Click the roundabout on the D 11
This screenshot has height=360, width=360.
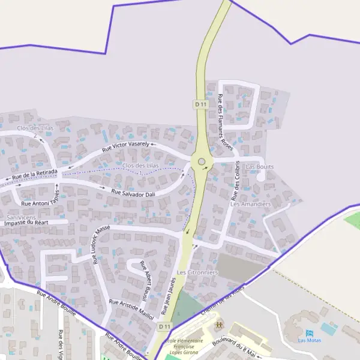(x=202, y=161)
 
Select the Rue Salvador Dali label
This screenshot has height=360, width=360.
(x=133, y=193)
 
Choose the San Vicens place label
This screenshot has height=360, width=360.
(x=20, y=217)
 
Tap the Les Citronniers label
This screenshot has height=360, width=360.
(x=197, y=272)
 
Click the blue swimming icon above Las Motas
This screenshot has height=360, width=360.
(x=310, y=333)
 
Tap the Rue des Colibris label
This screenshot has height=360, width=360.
(x=236, y=180)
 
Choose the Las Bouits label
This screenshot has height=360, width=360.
(x=260, y=166)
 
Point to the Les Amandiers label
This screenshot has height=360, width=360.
(x=251, y=204)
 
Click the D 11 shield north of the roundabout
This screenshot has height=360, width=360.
(x=200, y=104)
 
